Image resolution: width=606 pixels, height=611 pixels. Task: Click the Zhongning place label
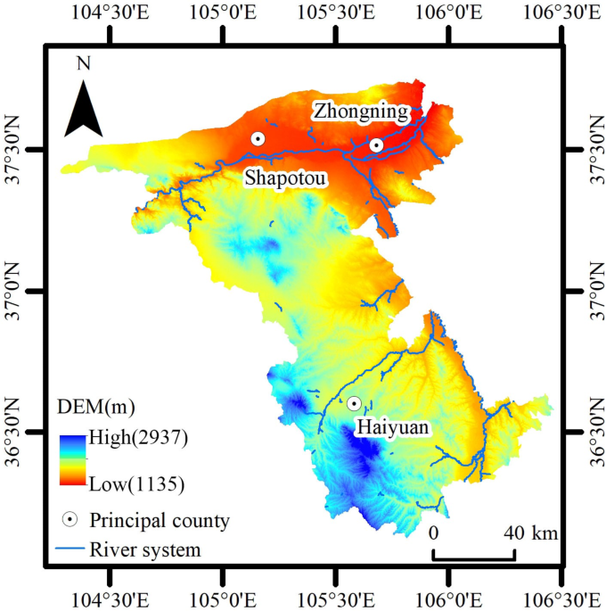coord(359,111)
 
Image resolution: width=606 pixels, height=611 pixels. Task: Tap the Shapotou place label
coord(286,178)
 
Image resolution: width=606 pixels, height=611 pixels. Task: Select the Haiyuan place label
coord(392,428)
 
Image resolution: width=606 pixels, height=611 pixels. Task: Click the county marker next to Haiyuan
coord(354,404)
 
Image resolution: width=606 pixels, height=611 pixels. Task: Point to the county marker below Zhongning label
coord(376,144)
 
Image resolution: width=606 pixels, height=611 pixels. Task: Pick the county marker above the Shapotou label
coord(258,138)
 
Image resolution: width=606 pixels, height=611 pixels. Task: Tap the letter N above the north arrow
coord(84,63)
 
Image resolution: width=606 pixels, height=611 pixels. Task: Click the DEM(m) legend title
coord(96,409)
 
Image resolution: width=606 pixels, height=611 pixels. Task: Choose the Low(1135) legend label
coord(136,485)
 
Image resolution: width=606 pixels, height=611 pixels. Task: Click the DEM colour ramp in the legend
coord(74,461)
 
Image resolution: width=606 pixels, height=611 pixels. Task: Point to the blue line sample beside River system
coord(70,549)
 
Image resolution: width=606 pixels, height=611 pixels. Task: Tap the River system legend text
coord(145,549)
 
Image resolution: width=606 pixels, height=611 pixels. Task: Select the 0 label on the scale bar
coord(433,533)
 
